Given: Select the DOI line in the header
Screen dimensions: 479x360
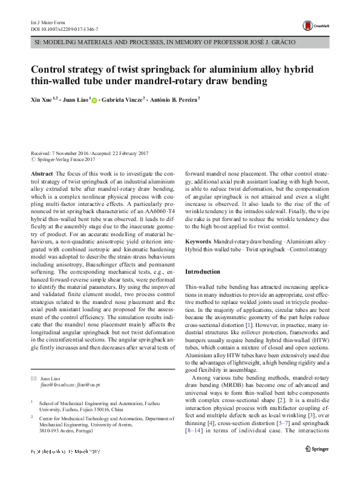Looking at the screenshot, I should tap(64, 28).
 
